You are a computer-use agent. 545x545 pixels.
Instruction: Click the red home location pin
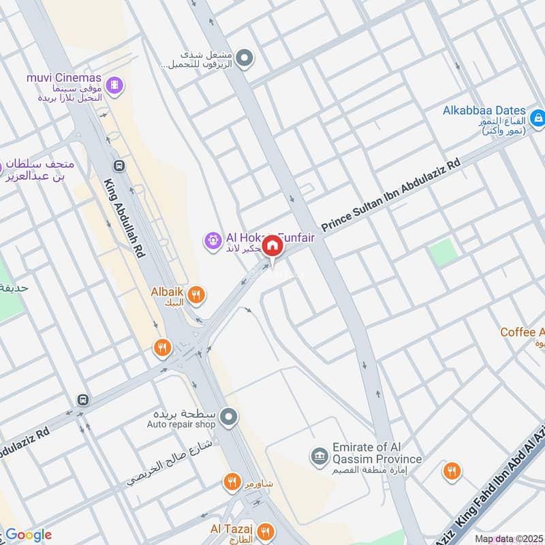click(272, 247)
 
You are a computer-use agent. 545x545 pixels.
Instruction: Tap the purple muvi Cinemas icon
click(116, 84)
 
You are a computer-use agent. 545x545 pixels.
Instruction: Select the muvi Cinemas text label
click(63, 78)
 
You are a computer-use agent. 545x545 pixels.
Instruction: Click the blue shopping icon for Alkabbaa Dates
click(538, 118)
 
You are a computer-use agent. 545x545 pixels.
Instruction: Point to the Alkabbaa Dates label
click(484, 110)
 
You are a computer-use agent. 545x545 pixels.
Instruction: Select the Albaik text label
click(167, 292)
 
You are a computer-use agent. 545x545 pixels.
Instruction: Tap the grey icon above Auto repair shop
click(229, 415)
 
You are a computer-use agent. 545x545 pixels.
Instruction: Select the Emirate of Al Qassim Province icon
click(317, 455)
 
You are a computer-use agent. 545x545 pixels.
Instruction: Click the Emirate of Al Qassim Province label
click(377, 454)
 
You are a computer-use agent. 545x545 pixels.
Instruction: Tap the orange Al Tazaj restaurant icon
click(266, 531)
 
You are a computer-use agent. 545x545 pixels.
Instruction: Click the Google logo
click(29, 535)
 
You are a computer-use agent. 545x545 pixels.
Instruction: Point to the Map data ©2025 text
click(508, 539)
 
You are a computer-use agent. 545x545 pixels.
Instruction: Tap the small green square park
click(443, 253)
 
